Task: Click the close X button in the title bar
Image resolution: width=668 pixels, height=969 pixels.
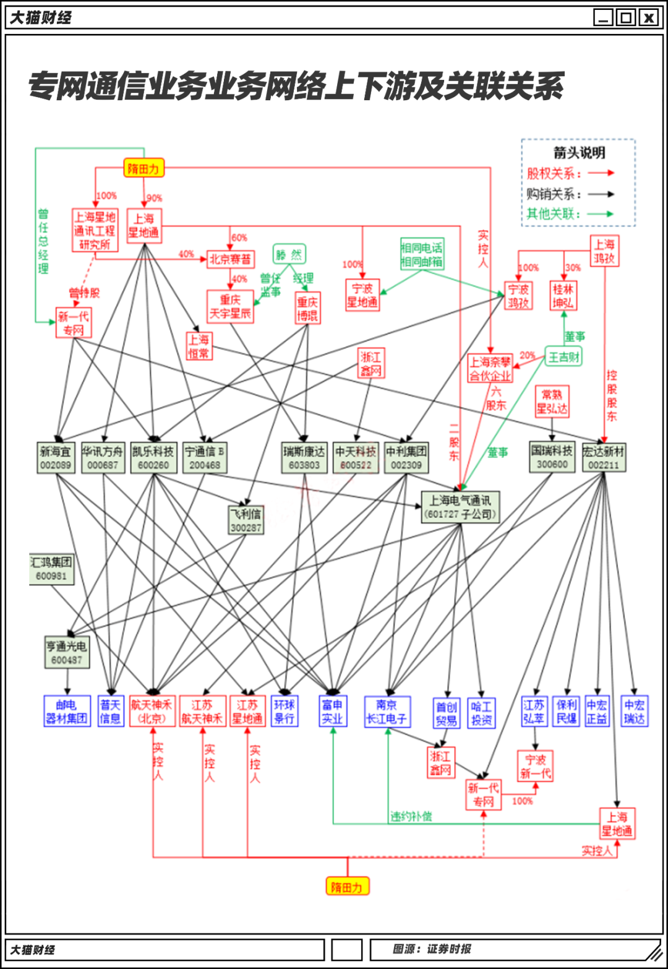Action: coord(648,17)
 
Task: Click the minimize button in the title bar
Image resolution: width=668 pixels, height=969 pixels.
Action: coord(603,17)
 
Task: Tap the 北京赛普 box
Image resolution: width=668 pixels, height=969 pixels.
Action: coord(230,259)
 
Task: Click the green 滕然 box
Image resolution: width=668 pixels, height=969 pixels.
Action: coord(289,254)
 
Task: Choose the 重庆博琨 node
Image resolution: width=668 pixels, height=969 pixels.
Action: coord(307,308)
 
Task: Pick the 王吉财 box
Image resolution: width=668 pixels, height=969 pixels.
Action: coord(563,357)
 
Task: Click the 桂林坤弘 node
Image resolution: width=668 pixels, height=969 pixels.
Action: coord(563,296)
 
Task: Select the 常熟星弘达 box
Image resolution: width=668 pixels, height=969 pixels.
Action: coord(552,402)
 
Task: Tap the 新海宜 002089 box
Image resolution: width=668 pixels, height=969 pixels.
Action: coord(56,458)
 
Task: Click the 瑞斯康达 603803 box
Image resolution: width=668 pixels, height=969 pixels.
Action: coord(304,458)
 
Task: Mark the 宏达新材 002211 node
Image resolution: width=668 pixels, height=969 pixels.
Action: coord(604,458)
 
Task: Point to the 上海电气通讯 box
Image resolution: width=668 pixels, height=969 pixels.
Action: coord(460,507)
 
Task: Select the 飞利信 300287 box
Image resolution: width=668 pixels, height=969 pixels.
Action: coord(246,520)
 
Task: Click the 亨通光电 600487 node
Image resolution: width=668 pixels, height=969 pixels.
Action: coord(67,653)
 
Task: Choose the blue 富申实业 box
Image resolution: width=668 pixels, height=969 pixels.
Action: coord(332,712)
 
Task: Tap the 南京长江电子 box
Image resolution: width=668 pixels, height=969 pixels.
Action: coord(387,712)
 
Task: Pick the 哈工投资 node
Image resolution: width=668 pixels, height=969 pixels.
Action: coord(481,713)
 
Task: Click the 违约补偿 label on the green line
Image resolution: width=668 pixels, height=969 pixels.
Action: coord(411,817)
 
